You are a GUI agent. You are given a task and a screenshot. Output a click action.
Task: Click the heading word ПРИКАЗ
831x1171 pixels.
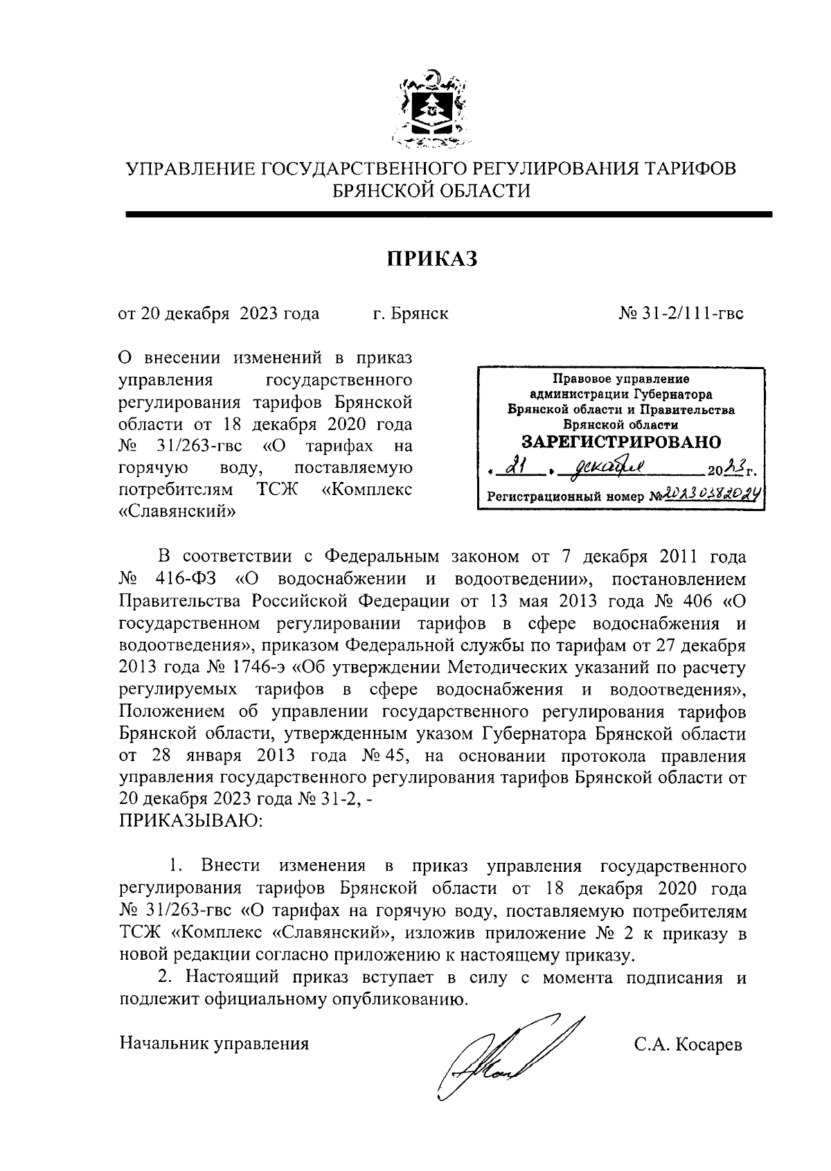tap(432, 258)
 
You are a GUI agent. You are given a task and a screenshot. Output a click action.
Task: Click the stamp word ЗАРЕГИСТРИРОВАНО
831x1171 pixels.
tap(620, 442)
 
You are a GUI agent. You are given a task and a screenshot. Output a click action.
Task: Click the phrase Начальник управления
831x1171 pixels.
tap(214, 1044)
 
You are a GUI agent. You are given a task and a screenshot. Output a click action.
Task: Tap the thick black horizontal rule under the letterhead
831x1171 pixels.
tap(448, 215)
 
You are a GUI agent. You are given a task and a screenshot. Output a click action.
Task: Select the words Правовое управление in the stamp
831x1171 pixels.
tap(620, 379)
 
